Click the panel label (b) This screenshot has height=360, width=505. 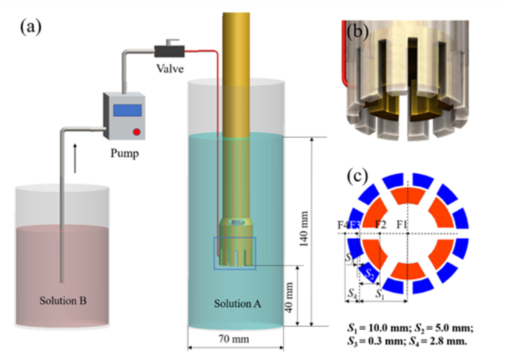[359, 31]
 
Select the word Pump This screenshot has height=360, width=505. [123, 154]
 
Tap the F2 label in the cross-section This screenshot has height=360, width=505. [379, 225]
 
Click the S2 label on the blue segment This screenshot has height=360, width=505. [368, 273]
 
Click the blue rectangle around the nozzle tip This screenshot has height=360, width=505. [234, 253]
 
